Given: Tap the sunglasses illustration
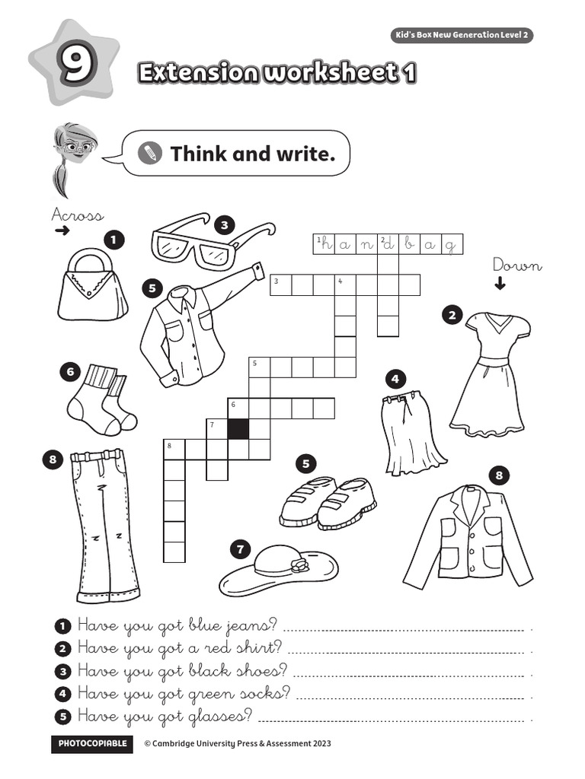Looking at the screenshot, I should [209, 242].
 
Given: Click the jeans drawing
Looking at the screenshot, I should [104, 525].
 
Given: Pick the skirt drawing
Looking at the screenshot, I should [411, 434].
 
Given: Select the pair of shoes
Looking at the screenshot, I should [328, 502].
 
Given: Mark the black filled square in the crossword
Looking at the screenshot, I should [238, 429].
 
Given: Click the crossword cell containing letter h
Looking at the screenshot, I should [324, 243].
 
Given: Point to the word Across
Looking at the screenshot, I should [77, 215].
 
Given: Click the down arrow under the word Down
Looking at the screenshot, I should [500, 285].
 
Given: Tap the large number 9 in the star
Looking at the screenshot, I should [75, 67].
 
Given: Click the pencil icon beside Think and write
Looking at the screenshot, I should [151, 154].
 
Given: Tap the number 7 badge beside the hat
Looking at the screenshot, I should [240, 548].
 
